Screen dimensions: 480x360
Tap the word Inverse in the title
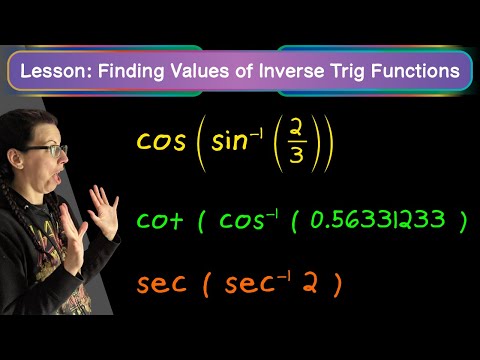pyautogui.click(x=291, y=71)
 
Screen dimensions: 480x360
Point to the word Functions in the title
pyautogui.click(x=415, y=71)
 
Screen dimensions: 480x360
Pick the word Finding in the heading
pyautogui.click(x=131, y=72)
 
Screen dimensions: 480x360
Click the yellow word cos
pyautogui.click(x=161, y=141)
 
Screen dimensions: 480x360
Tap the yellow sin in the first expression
pyautogui.click(x=229, y=140)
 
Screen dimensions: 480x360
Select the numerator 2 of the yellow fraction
pyautogui.click(x=295, y=126)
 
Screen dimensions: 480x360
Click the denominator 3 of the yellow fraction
pyautogui.click(x=296, y=154)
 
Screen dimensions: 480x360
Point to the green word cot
pyautogui.click(x=160, y=219)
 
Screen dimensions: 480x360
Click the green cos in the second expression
pyautogui.click(x=241, y=220)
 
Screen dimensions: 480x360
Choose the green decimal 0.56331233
pyautogui.click(x=378, y=219)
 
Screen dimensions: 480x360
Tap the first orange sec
pyautogui.click(x=161, y=284)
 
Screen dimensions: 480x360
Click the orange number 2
pyautogui.click(x=310, y=283)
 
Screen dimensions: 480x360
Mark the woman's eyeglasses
pyautogui.click(x=47, y=150)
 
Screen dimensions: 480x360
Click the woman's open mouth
pyautogui.click(x=59, y=178)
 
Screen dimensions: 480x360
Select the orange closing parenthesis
pyautogui.click(x=337, y=285)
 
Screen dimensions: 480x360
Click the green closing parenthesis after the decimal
pyautogui.click(x=462, y=221)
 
